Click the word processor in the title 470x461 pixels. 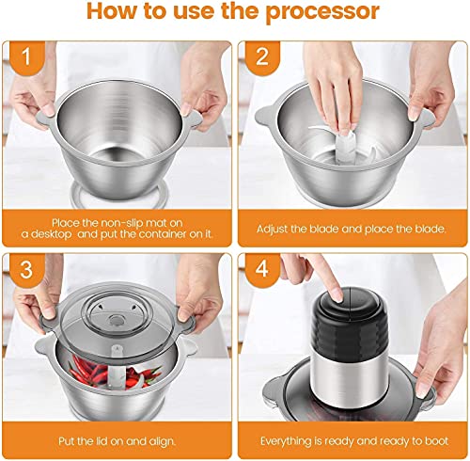(x=322, y=12)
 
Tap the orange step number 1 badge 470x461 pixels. (x=26, y=57)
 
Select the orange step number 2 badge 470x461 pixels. (x=262, y=57)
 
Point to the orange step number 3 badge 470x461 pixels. (x=26, y=270)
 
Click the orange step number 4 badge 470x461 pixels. (x=262, y=270)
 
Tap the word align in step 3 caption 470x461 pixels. (x=162, y=441)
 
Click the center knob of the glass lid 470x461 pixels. (x=117, y=320)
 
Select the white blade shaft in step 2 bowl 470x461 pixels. (x=346, y=148)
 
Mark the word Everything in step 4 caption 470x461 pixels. (x=287, y=441)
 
